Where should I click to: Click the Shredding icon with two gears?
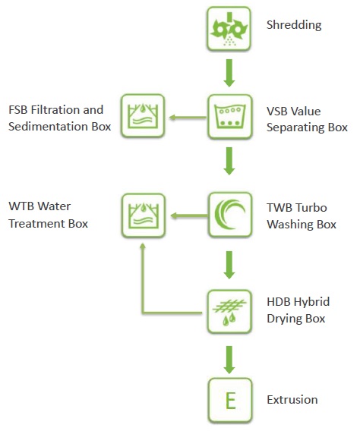point(229,29)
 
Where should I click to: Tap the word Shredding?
point(294,25)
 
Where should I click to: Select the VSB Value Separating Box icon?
point(229,117)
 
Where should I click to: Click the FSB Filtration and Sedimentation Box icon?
point(143,116)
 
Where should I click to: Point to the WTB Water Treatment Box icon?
point(144,215)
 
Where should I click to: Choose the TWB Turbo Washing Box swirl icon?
point(230,215)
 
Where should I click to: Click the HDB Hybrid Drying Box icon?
point(229,312)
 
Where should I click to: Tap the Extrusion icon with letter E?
point(230,400)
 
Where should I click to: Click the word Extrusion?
point(292,399)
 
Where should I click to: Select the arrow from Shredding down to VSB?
point(229,73)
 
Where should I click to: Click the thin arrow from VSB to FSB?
point(188,118)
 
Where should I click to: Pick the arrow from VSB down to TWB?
point(229,161)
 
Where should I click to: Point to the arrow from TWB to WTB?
point(189,215)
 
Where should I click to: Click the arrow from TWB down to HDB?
point(229,265)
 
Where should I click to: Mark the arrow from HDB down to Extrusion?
point(229,360)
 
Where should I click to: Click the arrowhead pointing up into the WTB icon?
point(143,246)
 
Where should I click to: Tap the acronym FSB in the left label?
point(18,110)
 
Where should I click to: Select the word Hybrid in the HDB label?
point(312,302)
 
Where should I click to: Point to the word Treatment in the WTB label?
point(37,224)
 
